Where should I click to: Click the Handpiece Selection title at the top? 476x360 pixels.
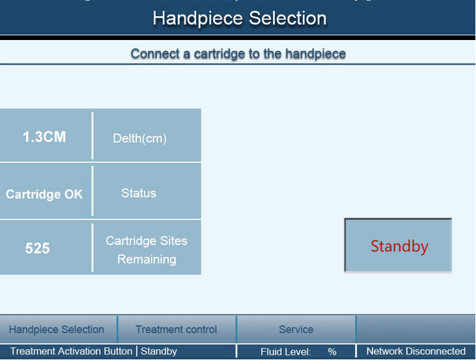pos(239,18)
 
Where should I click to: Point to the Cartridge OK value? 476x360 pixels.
pos(44,194)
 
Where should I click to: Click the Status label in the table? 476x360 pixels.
pos(139,193)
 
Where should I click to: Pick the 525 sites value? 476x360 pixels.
pos(37,248)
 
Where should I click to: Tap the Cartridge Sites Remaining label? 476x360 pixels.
pos(147,250)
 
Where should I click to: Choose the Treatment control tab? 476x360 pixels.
pos(176,330)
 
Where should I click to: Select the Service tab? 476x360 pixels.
pos(296,330)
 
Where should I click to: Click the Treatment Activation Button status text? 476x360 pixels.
pos(71,351)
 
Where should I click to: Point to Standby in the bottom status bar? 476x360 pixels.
pos(159,351)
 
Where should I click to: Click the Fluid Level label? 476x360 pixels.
pos(286,352)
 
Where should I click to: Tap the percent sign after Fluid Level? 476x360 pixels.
pos(332,352)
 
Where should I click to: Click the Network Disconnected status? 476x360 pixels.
pos(416,351)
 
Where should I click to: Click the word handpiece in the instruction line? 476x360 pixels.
pos(315,54)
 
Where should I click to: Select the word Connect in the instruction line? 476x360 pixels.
pos(155,54)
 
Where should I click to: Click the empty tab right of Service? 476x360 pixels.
pos(415,330)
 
